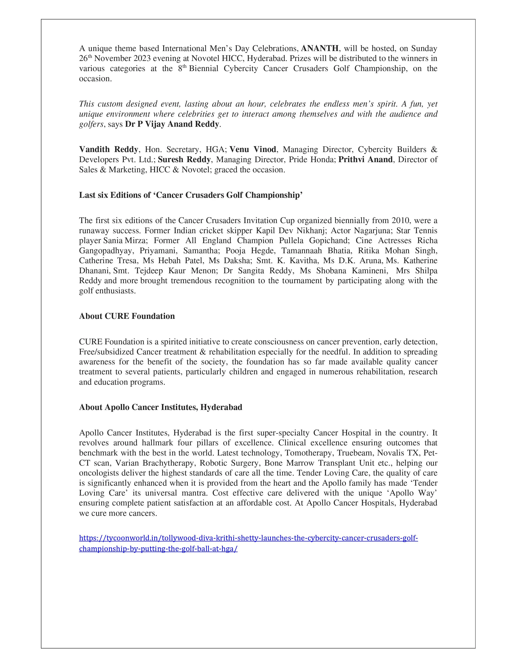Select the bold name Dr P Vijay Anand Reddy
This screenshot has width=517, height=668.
[172, 124]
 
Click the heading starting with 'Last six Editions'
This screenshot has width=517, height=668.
[191, 195]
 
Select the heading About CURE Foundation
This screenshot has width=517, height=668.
[127, 316]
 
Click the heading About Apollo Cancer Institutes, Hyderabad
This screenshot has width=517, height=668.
[161, 407]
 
